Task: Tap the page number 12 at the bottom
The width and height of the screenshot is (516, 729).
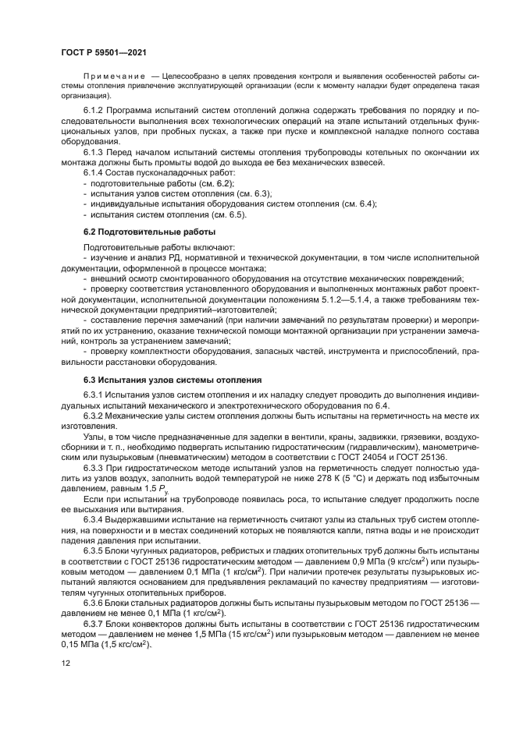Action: [66, 664]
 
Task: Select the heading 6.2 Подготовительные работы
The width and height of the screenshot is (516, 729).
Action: [149, 232]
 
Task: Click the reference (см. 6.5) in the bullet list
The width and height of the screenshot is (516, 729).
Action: [229, 214]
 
